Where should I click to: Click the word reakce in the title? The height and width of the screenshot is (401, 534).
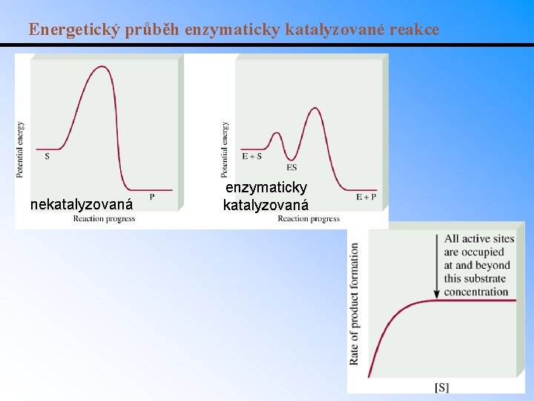[414, 30]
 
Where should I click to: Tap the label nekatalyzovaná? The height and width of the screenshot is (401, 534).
[82, 204]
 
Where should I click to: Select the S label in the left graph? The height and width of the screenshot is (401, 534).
[47, 156]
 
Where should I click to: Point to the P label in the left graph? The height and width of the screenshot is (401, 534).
[152, 197]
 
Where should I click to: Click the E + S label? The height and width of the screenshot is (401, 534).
[252, 156]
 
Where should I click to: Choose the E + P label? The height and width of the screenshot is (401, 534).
[366, 197]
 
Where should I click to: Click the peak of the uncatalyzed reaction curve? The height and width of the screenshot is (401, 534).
[102, 67]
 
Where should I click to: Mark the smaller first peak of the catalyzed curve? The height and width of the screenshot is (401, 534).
[277, 134]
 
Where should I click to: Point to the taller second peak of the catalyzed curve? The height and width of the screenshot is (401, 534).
[315, 108]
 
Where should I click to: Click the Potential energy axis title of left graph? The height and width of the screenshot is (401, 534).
[20, 149]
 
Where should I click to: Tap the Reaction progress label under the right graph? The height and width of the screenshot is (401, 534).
[309, 218]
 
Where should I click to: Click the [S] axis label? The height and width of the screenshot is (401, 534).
[441, 387]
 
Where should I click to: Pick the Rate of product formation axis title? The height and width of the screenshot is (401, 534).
[355, 304]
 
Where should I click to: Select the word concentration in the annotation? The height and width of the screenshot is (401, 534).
[476, 292]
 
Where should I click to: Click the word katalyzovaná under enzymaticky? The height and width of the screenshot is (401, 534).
[266, 204]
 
